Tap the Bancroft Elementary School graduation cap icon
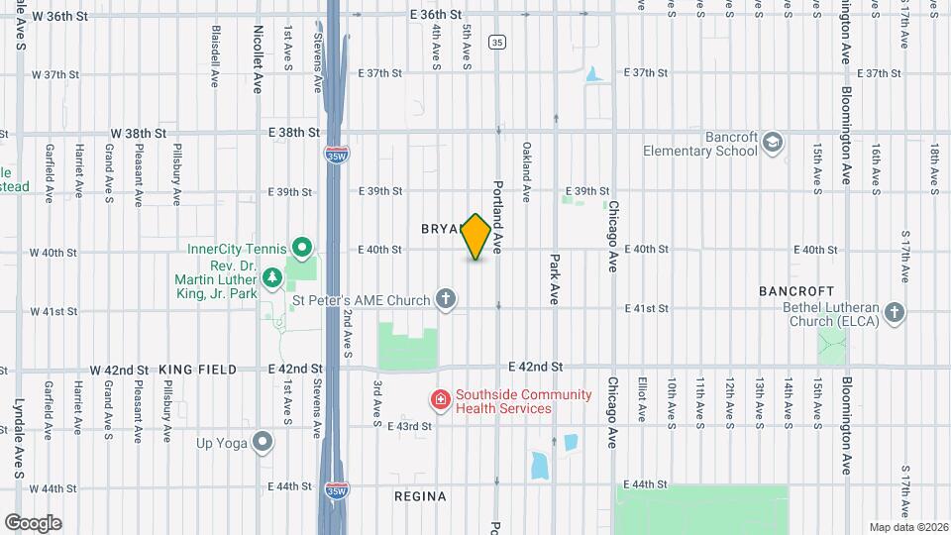[x=772, y=144]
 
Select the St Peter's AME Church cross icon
[x=447, y=299]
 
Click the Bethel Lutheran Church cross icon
[x=895, y=314]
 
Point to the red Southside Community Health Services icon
[x=438, y=400]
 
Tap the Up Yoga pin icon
[x=263, y=441]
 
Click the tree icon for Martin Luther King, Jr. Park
[x=271, y=281]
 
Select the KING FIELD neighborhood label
[x=197, y=370]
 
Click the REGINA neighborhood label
[x=420, y=495]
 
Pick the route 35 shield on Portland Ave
[x=497, y=42]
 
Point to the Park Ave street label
[x=555, y=279]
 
